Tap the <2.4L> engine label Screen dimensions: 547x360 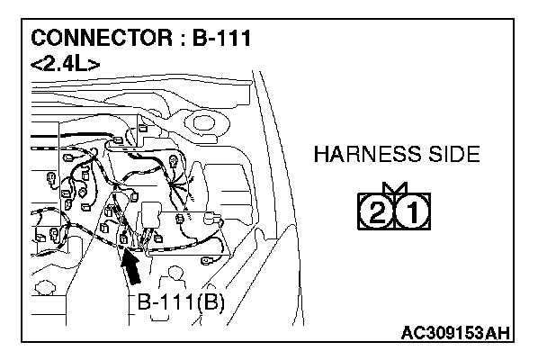pos(65,64)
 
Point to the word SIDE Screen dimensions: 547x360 pos(453,155)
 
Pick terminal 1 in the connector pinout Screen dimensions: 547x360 pos(411,213)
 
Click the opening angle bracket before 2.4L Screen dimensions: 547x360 pos(37,64)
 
